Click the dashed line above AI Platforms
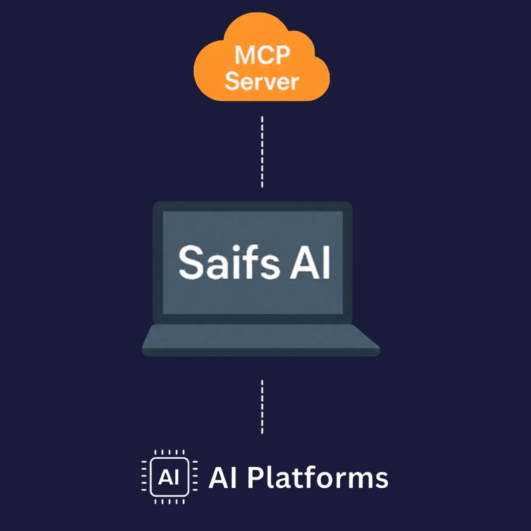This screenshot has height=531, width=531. click(262, 406)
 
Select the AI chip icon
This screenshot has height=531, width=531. click(169, 476)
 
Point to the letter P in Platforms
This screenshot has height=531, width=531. click(255, 477)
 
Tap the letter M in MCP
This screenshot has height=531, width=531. click(245, 56)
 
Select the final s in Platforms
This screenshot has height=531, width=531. click(381, 479)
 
